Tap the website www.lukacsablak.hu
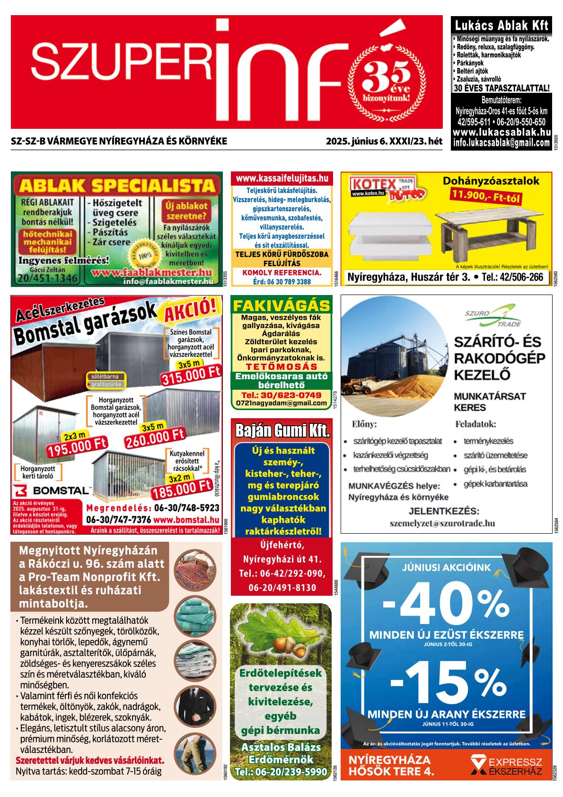click(501, 133)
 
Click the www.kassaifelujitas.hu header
click(281, 179)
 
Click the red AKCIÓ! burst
click(193, 310)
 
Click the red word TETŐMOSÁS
click(281, 367)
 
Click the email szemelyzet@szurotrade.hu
click(442, 523)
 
